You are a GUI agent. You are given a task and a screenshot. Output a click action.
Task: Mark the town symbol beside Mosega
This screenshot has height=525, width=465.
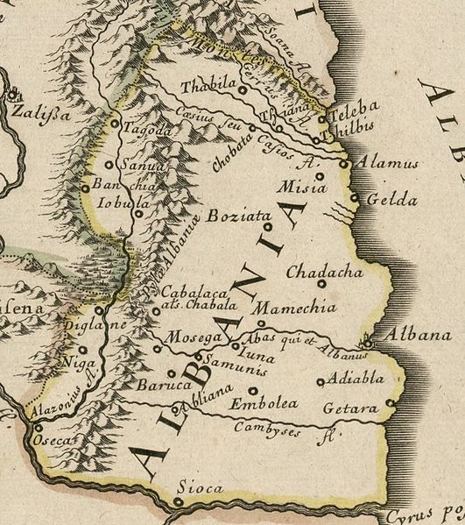tap(158, 348)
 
